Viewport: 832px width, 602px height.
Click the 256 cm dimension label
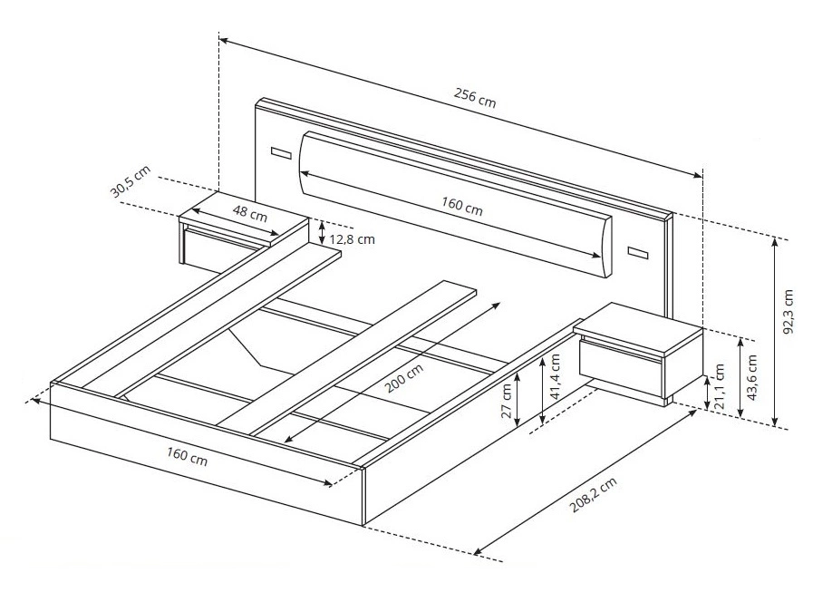[x=475, y=98]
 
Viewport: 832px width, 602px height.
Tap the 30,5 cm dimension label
[x=131, y=181]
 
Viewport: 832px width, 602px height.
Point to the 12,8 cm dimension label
[x=353, y=238]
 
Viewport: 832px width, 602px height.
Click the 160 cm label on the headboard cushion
[x=462, y=206]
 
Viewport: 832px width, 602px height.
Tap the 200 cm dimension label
[x=404, y=378]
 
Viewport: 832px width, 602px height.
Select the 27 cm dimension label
[x=508, y=401]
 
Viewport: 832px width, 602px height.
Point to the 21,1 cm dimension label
[x=720, y=387]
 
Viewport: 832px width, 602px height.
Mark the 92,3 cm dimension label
[x=788, y=312]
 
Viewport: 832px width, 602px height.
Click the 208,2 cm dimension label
[x=594, y=495]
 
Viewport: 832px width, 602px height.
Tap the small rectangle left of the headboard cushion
[x=281, y=153]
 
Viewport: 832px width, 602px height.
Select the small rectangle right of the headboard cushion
[x=638, y=253]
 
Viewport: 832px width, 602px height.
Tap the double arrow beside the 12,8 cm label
[x=322, y=232]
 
